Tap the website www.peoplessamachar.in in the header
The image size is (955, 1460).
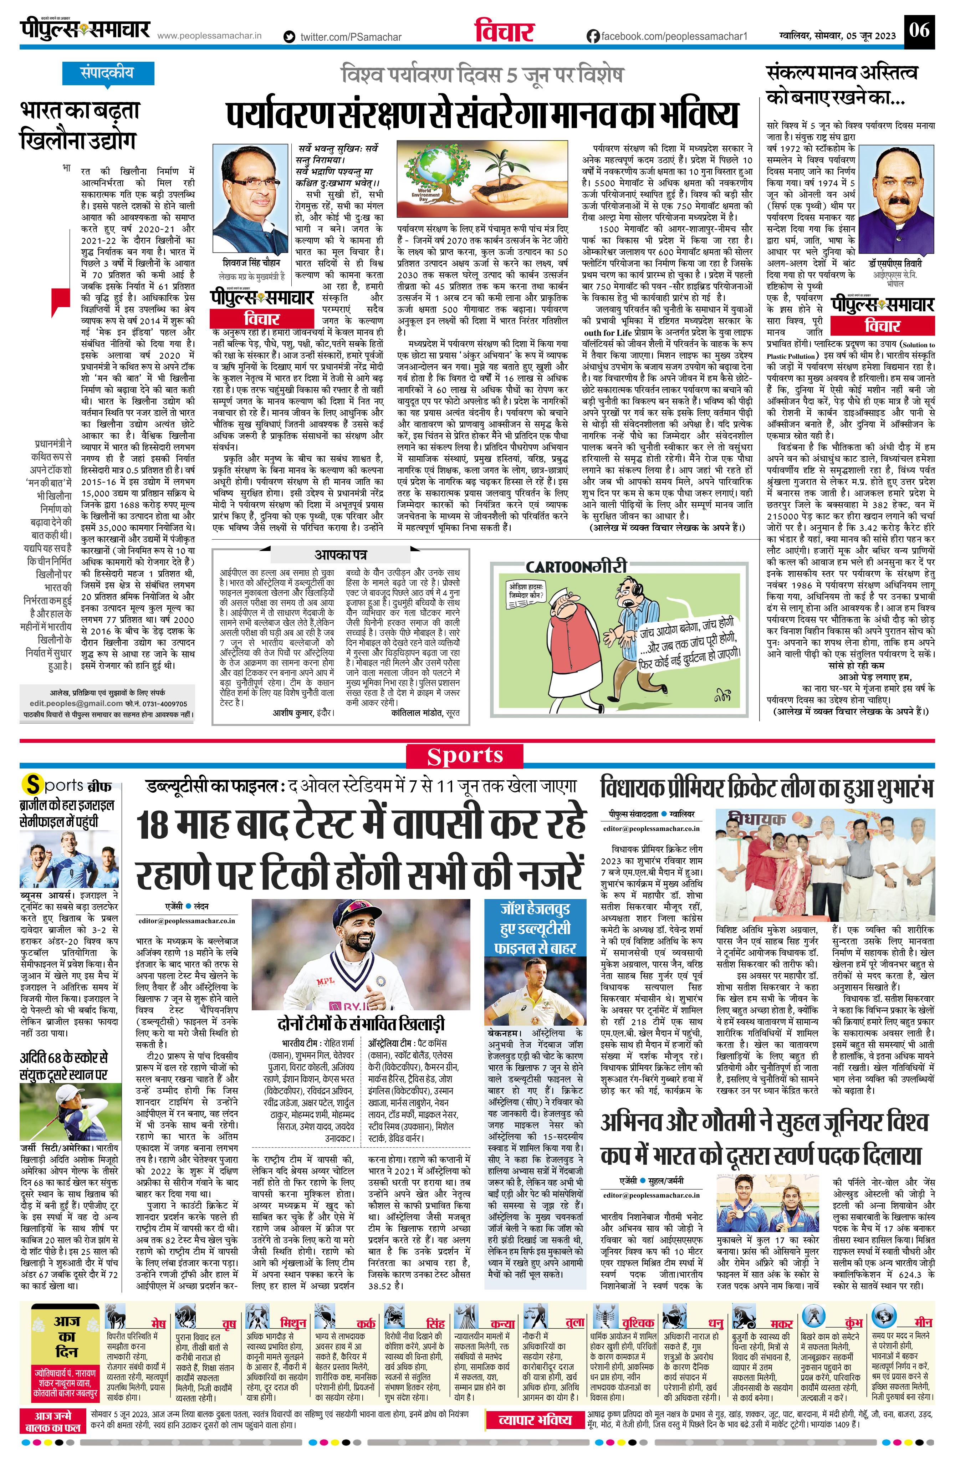click(x=209, y=36)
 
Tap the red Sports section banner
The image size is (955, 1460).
click(x=465, y=756)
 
